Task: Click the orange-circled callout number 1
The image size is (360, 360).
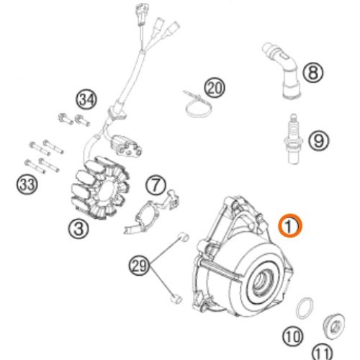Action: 290,226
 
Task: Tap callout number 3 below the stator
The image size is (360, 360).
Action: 78,228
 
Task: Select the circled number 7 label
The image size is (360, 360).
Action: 156,185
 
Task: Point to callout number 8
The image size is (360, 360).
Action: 312,72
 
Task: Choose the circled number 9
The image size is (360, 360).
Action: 319,140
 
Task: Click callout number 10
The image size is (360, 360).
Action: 292,336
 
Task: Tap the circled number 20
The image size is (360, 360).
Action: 215,88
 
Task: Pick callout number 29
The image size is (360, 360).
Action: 140,266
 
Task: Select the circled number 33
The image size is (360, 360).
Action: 27,184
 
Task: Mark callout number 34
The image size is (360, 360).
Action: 86,99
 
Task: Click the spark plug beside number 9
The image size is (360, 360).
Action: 293,139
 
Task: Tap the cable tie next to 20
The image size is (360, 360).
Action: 197,104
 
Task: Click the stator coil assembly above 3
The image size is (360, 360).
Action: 100,187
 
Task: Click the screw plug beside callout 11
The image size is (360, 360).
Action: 333,326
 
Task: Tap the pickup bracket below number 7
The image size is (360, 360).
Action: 152,212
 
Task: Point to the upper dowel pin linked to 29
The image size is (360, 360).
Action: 184,238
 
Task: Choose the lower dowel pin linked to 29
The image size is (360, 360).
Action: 176,299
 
